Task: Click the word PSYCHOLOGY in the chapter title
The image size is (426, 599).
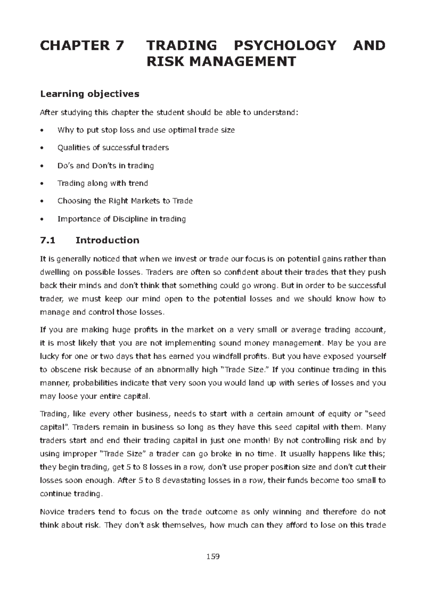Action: tap(285, 46)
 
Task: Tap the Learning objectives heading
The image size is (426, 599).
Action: tap(89, 94)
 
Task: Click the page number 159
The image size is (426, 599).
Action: tap(213, 556)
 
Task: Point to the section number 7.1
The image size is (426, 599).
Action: tap(48, 240)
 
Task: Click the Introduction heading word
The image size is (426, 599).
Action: tap(107, 240)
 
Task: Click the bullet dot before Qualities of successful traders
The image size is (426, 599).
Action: tap(42, 148)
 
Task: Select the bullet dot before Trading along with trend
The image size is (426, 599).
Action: tap(42, 184)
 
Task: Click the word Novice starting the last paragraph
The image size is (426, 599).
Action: tap(52, 512)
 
